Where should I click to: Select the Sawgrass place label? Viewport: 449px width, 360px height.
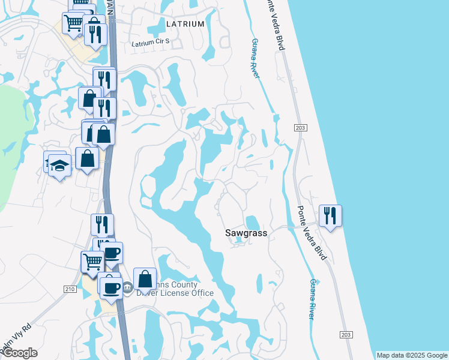click(x=246, y=232)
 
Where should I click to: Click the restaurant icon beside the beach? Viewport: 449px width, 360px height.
click(x=330, y=215)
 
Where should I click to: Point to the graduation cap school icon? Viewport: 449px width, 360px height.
click(x=59, y=164)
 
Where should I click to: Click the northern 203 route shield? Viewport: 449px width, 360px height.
click(x=300, y=128)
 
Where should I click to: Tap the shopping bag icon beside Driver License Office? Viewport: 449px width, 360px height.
click(x=145, y=278)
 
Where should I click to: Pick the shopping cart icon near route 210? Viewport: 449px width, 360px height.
click(x=92, y=262)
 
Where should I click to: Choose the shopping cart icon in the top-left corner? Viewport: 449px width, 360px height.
click(x=73, y=23)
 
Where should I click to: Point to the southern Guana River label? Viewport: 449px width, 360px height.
click(x=312, y=298)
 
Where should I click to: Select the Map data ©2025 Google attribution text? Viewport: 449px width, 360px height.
click(x=412, y=355)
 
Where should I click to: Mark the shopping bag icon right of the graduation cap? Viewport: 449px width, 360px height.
click(x=88, y=159)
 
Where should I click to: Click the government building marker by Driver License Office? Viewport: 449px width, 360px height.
click(x=127, y=288)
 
